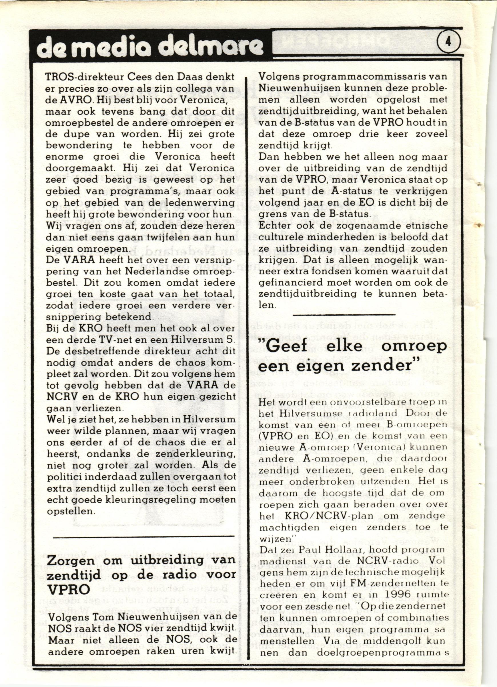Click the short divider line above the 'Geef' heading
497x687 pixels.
(344, 315)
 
